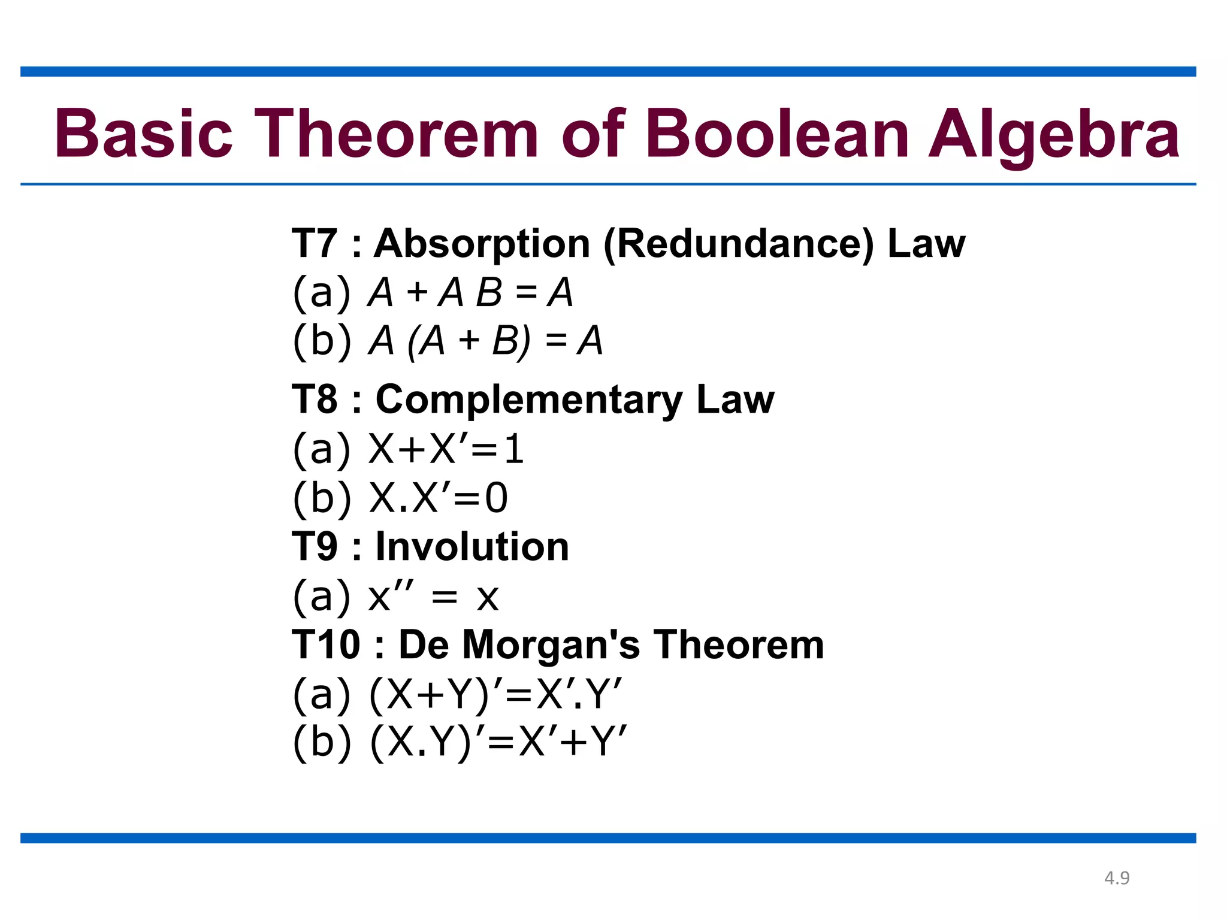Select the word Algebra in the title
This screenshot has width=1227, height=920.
(1054, 135)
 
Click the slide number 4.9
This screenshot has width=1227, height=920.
(1117, 878)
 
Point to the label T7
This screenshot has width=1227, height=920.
(315, 244)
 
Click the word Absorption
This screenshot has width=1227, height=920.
(482, 245)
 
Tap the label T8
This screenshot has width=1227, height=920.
(315, 400)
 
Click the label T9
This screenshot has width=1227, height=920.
(315, 547)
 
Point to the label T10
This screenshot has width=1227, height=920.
(326, 645)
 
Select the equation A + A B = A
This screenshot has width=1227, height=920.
(470, 293)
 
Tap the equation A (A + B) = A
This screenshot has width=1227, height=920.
(485, 341)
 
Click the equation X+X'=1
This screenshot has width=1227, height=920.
(446, 449)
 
